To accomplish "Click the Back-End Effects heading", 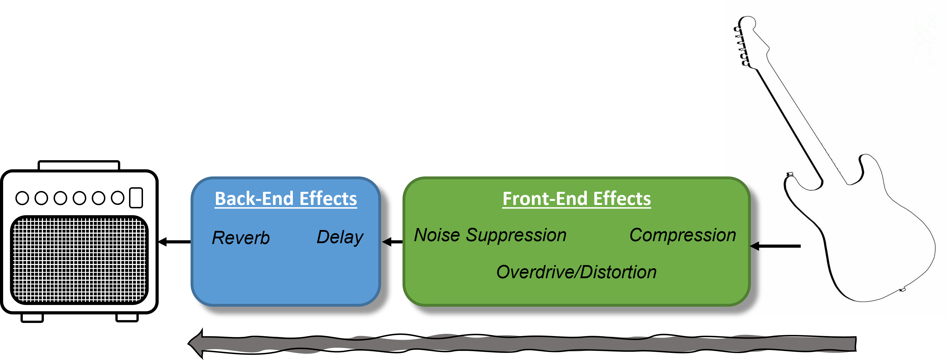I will (286, 199).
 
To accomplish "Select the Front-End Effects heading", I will (577, 199).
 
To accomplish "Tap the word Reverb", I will (241, 238).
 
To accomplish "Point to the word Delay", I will (340, 237).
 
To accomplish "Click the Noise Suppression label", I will (490, 235).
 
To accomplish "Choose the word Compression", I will (683, 235).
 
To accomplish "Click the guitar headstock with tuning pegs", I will (745, 40).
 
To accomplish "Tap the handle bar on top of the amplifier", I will (79, 166).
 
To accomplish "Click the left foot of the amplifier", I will (32, 317).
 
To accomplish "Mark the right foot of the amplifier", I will (127, 317).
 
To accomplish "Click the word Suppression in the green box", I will (516, 235).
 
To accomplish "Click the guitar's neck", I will (798, 118).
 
